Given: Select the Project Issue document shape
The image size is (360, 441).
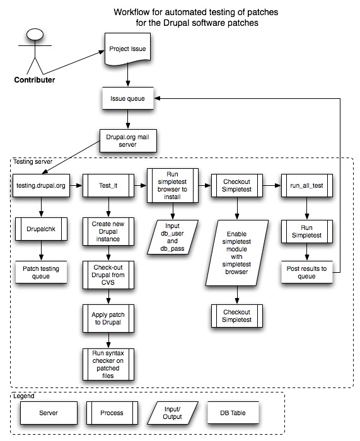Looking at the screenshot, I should tap(128, 49).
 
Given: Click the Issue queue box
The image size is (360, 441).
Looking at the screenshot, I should tap(128, 98).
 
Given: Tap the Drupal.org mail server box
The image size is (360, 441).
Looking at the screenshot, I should tap(128, 140).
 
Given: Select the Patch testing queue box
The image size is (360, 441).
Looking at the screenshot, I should tap(41, 272).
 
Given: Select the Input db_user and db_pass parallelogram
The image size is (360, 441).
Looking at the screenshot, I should tap(171, 236).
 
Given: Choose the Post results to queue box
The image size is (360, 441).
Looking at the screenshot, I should tap(306, 272).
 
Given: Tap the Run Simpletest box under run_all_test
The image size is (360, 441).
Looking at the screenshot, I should tap(306, 230).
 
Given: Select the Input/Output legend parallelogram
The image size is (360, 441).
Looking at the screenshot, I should tap(173, 413).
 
